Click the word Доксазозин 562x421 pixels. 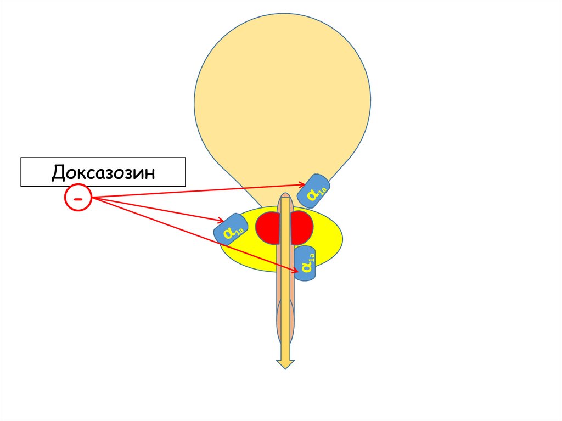[x=104, y=172]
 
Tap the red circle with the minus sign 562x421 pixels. [x=78, y=198]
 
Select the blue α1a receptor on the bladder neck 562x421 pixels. [x=313, y=191]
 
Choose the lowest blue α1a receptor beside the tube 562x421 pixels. [x=306, y=264]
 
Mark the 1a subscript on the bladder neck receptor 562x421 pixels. [x=322, y=191]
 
